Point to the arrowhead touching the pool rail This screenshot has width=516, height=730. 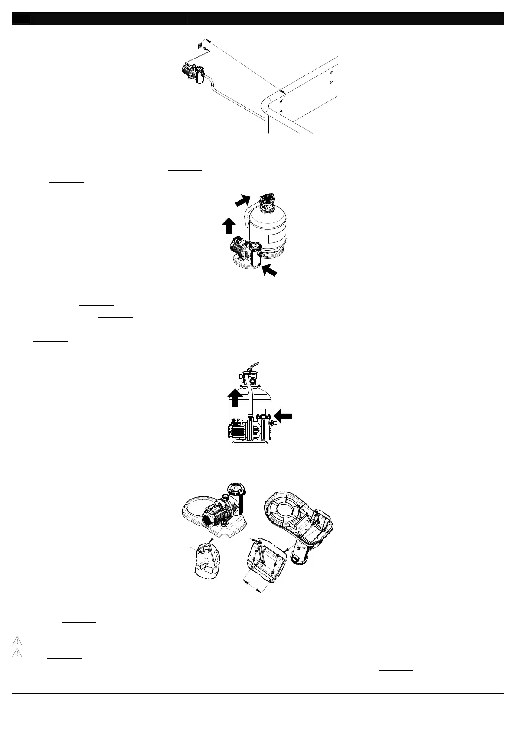282,91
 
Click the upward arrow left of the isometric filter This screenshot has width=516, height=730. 229,226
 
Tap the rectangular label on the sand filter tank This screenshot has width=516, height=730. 277,238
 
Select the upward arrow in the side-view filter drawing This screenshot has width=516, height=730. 235,398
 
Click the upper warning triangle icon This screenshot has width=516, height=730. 16,641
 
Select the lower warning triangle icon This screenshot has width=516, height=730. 16,653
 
